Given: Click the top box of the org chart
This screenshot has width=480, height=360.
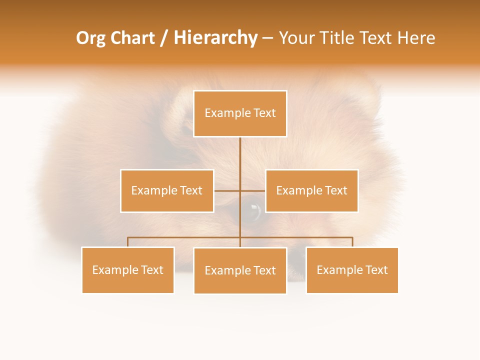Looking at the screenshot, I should point(240,113).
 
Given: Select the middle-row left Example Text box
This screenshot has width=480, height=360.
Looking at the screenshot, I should point(167,191).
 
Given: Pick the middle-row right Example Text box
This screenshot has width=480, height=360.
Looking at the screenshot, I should point(311,191).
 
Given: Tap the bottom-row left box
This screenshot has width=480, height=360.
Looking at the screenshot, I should point(128,270).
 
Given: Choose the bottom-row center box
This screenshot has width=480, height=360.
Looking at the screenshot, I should point(240,271).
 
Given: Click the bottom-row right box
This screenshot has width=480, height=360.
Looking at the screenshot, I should point(352,270).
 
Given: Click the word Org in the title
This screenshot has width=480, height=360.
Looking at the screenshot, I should point(91,38).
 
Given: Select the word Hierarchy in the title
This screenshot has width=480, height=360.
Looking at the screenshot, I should point(215,38).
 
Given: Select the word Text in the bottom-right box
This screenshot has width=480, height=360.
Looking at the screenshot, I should point(376,270).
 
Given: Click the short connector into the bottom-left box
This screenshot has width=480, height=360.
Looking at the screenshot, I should point(128,242).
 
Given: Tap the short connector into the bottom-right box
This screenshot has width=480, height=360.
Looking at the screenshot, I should point(352,242).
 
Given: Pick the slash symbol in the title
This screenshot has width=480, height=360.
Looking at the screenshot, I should point(164,38).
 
